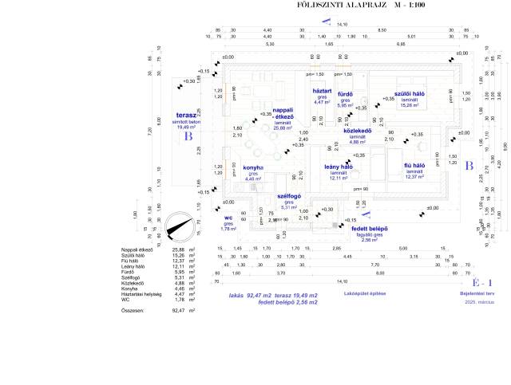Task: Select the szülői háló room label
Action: click(408, 93)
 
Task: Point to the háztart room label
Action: click(322, 91)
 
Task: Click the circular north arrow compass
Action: click(178, 227)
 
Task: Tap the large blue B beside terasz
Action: click(189, 136)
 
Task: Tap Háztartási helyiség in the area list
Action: click(141, 293)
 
